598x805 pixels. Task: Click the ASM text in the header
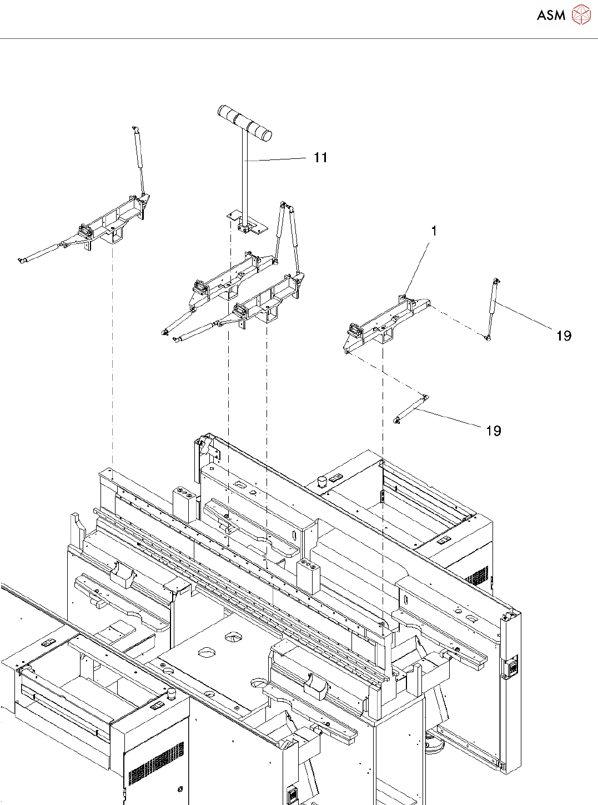(551, 16)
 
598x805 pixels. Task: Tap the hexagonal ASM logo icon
(581, 14)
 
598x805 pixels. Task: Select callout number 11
(320, 158)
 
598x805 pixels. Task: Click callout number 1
(434, 231)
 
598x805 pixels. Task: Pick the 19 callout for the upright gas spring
(564, 336)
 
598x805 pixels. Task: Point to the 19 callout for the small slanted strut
(493, 431)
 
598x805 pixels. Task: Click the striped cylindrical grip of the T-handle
(244, 122)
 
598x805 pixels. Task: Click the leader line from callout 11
(278, 159)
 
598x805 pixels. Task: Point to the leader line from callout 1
(419, 267)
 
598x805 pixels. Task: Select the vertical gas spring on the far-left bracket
(138, 161)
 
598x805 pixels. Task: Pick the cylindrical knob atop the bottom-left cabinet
(172, 694)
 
